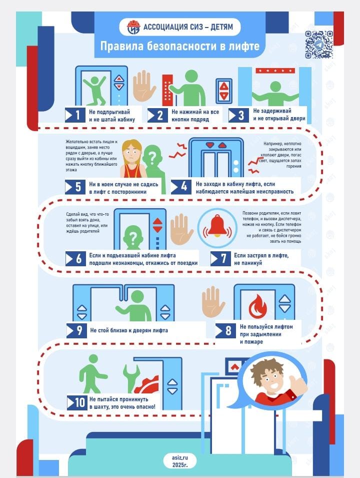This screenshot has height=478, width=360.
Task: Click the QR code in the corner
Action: click(x=318, y=45)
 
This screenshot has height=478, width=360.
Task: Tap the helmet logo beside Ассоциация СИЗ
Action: click(x=133, y=27)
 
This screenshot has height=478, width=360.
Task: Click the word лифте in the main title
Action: click(x=243, y=46)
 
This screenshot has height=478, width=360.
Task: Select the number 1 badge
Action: click(x=75, y=115)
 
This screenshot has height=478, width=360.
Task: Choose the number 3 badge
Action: click(x=238, y=115)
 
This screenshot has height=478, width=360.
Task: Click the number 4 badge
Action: click(x=181, y=187)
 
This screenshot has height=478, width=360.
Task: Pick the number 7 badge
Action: click(x=220, y=259)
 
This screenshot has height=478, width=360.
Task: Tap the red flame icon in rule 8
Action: click(x=257, y=306)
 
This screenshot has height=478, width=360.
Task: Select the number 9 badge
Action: click(x=76, y=330)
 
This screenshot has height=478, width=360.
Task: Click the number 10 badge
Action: click(x=77, y=403)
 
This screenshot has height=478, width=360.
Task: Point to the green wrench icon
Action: click(x=131, y=378)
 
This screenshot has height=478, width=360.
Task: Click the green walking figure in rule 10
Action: click(x=92, y=374)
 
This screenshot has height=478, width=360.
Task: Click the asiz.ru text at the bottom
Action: click(x=179, y=457)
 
